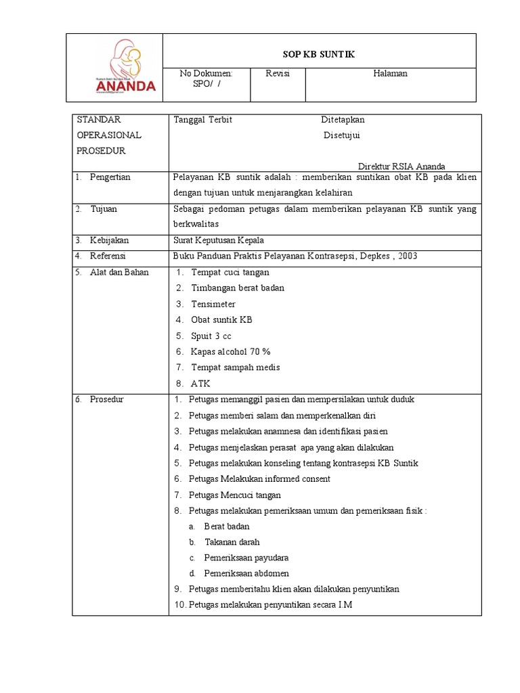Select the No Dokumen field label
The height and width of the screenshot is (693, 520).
[206, 73]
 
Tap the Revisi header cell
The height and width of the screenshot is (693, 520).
[278, 73]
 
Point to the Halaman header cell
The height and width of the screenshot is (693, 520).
[391, 73]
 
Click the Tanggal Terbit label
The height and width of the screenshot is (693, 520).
[203, 119]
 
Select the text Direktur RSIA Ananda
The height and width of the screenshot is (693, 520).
[402, 166]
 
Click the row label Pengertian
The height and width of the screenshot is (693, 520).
[110, 177]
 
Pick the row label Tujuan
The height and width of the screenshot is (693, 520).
[104, 208]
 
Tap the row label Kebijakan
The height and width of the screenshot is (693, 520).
[109, 240]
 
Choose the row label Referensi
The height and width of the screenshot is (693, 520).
[108, 256]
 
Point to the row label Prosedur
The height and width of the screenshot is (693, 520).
[107, 399]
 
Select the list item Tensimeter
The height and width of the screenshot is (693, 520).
[213, 304]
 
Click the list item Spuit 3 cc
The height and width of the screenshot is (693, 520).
[211, 336]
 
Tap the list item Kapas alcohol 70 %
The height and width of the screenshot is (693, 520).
[231, 351]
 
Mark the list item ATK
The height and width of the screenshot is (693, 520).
[200, 383]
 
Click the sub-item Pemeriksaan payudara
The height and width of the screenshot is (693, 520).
[246, 558]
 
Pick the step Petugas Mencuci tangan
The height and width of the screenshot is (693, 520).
[234, 495]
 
